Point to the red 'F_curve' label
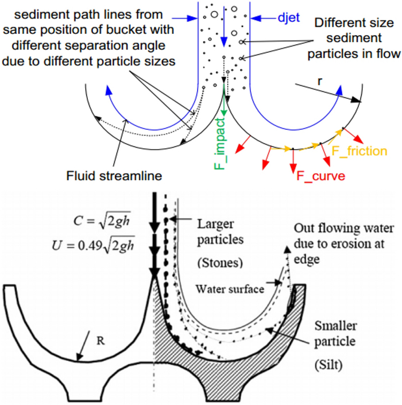[320, 176]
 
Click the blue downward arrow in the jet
[223, 26]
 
